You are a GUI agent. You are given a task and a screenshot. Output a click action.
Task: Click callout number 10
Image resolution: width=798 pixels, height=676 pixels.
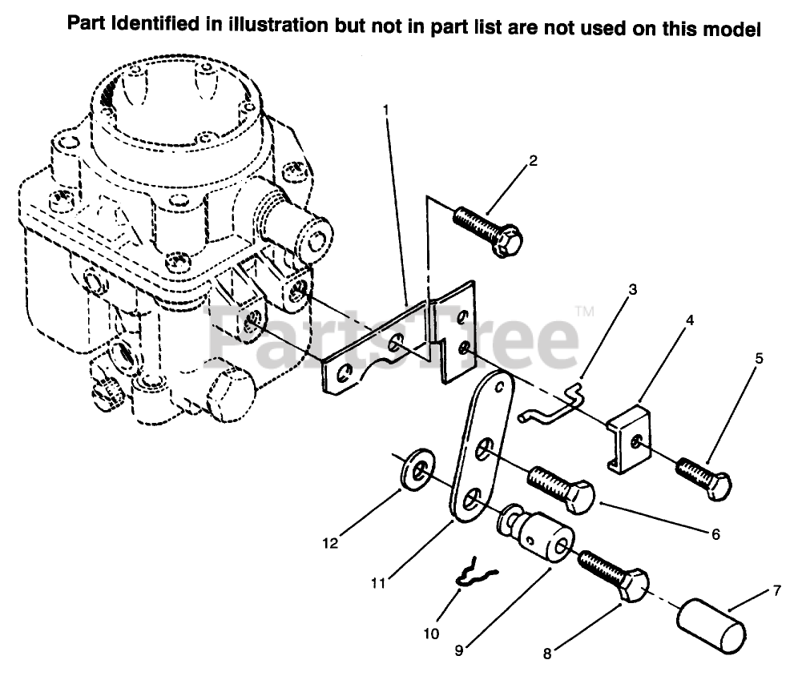[x=431, y=634]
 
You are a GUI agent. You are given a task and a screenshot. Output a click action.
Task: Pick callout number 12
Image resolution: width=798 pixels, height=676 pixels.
[x=330, y=543]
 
